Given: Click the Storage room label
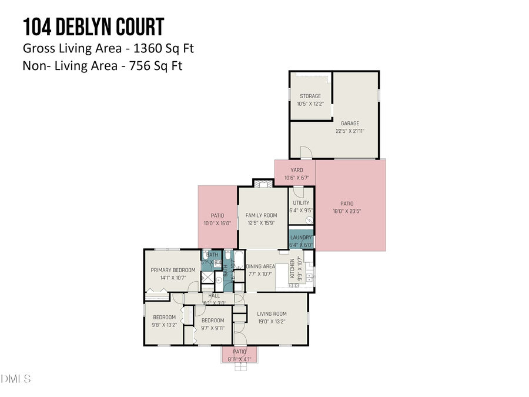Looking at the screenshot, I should point(310,96).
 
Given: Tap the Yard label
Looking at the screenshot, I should point(296,171).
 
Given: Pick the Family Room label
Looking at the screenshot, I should point(261,215).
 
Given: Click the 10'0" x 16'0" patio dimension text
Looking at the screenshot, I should point(217,223).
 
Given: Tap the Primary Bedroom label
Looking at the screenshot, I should point(173,270).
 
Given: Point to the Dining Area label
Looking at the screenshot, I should point(260,266).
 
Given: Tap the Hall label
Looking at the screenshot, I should point(214,295).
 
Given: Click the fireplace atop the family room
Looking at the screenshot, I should point(263,183).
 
